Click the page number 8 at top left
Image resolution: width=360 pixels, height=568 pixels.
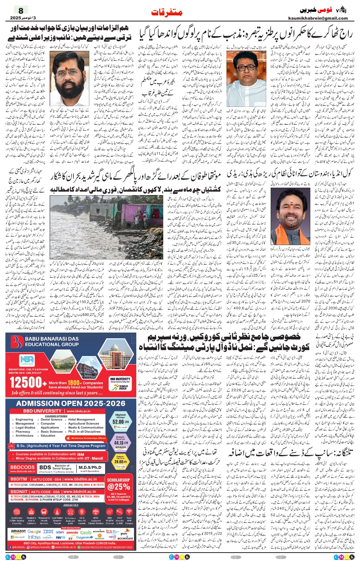[21, 10]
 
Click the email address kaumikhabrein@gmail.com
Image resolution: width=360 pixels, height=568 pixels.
[318, 18]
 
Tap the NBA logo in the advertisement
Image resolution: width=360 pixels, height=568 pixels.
[27, 360]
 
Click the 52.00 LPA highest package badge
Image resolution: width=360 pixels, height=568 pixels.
[120, 421]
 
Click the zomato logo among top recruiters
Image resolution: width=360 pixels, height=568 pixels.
[72, 532]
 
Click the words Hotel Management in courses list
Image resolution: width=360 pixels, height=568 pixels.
[82, 420]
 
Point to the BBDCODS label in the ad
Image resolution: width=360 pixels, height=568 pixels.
[23, 467]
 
